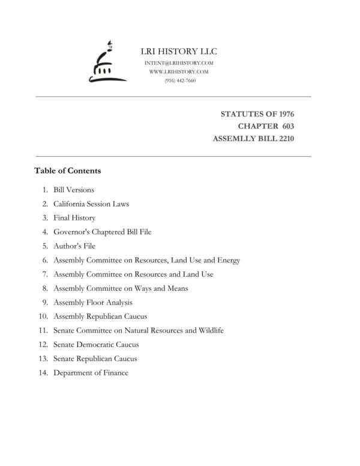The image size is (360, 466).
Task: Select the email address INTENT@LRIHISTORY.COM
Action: coord(179,63)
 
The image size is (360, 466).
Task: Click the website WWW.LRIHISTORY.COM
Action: coord(179,71)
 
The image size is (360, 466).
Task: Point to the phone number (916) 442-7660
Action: coord(179,80)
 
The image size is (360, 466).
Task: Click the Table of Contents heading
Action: coord(68,171)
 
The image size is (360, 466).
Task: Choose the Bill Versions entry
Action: coord(74,190)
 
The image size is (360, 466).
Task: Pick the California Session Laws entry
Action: coord(91,204)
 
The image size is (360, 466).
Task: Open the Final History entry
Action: coord(74,218)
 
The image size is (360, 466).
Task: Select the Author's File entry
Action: coord(74,246)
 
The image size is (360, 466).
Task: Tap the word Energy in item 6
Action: coord(229,260)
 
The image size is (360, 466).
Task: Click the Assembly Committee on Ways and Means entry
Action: coord(121,288)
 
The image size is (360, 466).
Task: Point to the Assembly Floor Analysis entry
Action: coord(93,303)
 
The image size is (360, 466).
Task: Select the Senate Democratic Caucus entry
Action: coord(96,345)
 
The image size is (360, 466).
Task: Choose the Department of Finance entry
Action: coord(91,373)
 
